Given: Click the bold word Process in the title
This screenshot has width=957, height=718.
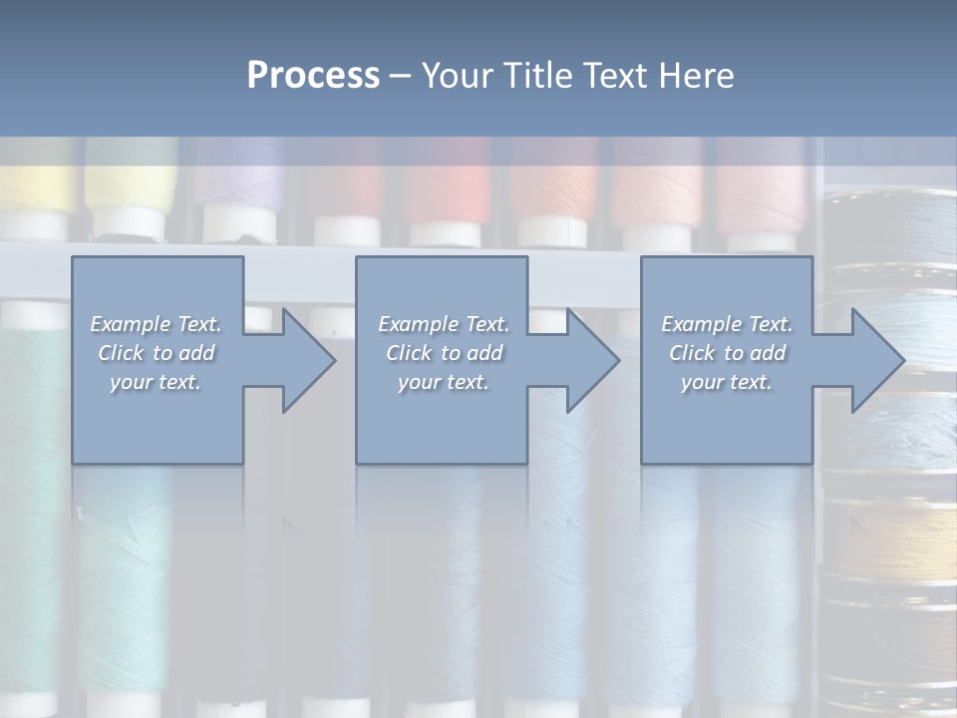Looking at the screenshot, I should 313,76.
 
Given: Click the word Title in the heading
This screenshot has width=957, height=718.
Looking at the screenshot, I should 537,76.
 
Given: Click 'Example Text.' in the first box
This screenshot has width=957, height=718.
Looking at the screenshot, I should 157,324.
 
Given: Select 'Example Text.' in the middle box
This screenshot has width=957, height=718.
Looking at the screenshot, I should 444,324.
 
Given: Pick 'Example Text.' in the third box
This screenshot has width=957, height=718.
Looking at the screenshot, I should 727,324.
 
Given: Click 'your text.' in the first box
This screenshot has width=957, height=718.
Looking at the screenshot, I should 156,382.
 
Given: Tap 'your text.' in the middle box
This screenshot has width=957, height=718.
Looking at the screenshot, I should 444,382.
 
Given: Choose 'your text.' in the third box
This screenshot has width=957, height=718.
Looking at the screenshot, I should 727,382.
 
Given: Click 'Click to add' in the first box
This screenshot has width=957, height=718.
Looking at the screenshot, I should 157,353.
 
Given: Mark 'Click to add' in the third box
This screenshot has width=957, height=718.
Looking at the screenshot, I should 727,353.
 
